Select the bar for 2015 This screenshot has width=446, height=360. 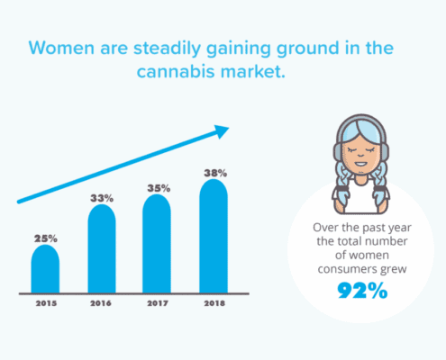click(x=45, y=269)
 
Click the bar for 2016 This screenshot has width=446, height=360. click(x=102, y=248)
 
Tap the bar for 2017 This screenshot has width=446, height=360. click(x=157, y=244)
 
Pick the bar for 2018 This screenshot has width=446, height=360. click(x=214, y=236)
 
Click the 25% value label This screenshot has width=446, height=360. click(x=46, y=238)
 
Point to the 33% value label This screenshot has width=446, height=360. click(x=102, y=198)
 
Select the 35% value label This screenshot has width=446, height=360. click(x=159, y=188)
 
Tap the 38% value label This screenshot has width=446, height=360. click(x=215, y=173)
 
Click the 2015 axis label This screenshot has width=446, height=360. click(x=46, y=303)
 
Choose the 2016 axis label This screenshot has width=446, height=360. click(x=101, y=303)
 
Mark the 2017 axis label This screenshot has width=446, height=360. click(x=158, y=303)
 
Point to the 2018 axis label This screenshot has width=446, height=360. click(x=214, y=303)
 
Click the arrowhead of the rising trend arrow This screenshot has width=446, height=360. click(x=222, y=131)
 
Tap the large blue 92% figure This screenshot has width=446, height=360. click(x=362, y=291)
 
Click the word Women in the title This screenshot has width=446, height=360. click(x=61, y=48)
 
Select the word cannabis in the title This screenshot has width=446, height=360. click(x=176, y=72)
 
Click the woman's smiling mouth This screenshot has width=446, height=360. click(x=360, y=164)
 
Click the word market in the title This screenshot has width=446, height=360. click(x=252, y=72)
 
